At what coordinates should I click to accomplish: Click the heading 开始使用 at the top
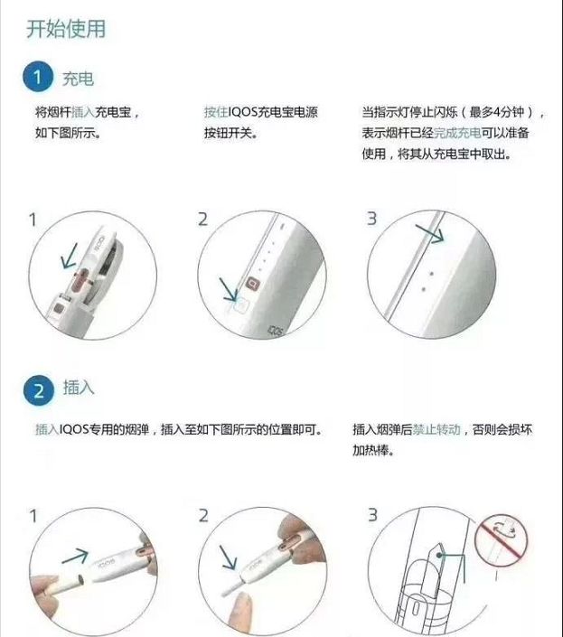66,28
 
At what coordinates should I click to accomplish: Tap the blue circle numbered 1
37,79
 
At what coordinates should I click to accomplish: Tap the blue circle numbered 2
37,390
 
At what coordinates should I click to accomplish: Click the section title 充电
78,80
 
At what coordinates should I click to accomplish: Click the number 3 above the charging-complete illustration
371,220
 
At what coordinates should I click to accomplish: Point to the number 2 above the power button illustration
202,220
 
